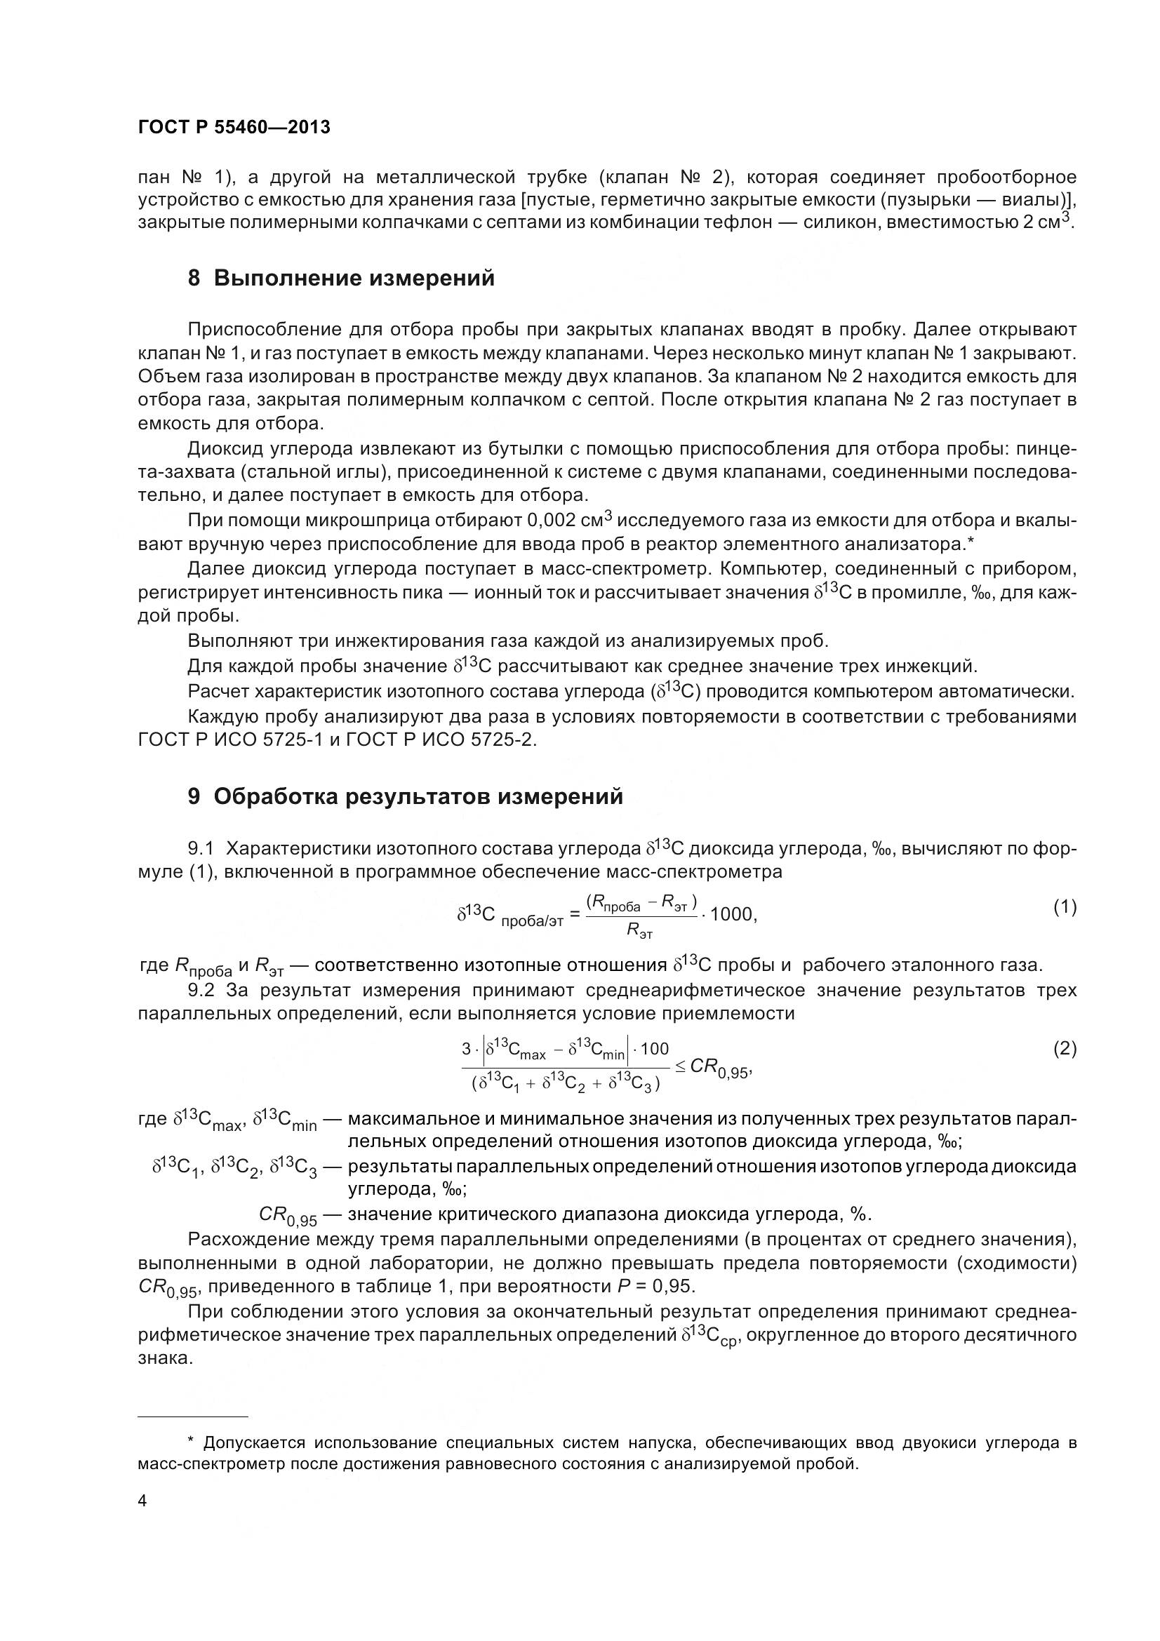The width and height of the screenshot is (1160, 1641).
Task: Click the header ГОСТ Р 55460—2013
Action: (234, 127)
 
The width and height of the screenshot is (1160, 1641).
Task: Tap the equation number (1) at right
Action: (1065, 907)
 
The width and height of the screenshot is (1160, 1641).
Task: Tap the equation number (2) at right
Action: (1065, 1048)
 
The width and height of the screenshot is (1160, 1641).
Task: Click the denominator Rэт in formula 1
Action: (640, 931)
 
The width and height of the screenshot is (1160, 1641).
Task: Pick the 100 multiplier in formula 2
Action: (654, 1048)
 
